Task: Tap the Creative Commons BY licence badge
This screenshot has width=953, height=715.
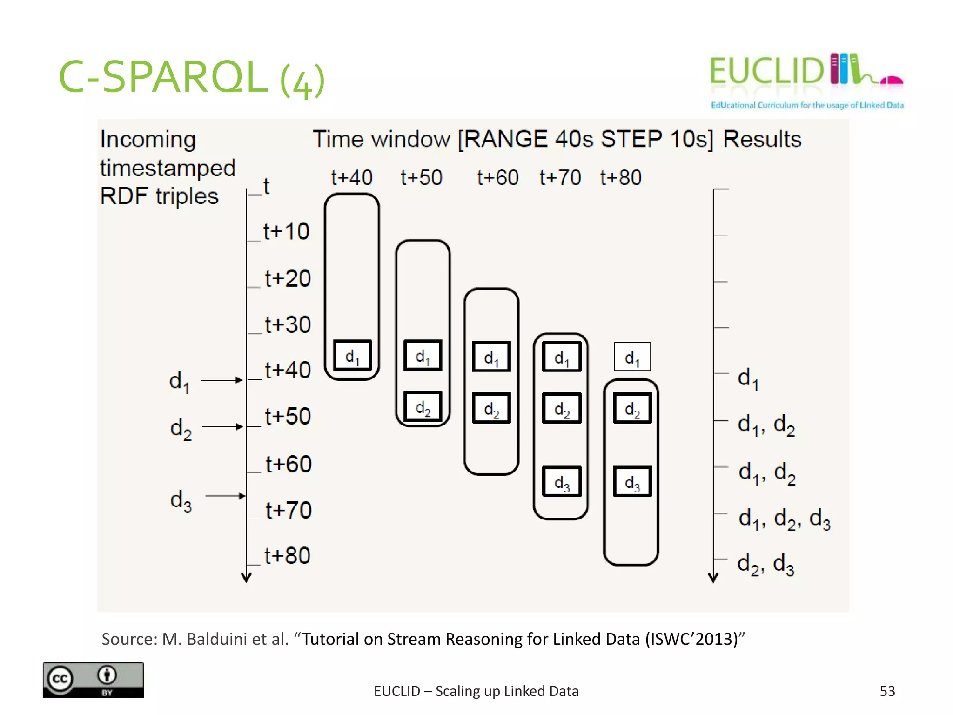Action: pos(93,680)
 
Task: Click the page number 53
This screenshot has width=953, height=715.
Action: pos(887,691)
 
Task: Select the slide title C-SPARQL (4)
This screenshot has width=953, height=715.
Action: pos(191,77)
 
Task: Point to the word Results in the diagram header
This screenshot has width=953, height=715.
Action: pos(762,139)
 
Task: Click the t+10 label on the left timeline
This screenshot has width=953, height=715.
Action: pos(286,231)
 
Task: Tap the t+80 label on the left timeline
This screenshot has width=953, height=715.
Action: pos(287,556)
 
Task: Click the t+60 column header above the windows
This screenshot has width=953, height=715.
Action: pos(497,178)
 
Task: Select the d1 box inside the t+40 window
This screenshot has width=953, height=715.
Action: pos(352,356)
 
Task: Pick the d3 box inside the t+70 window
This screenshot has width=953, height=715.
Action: pos(562,482)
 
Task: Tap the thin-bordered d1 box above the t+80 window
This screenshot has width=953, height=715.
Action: pos(632,357)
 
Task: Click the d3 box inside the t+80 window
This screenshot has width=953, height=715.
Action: pos(632,482)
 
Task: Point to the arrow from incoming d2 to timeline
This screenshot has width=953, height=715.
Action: pos(222,426)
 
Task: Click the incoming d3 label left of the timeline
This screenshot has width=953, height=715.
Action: pos(181,501)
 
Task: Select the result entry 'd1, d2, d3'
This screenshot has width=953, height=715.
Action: pos(784,519)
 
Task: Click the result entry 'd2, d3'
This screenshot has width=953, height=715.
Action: pos(765,564)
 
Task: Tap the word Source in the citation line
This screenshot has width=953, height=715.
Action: pos(129,639)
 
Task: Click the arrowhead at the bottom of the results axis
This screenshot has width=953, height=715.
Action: pos(713,578)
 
